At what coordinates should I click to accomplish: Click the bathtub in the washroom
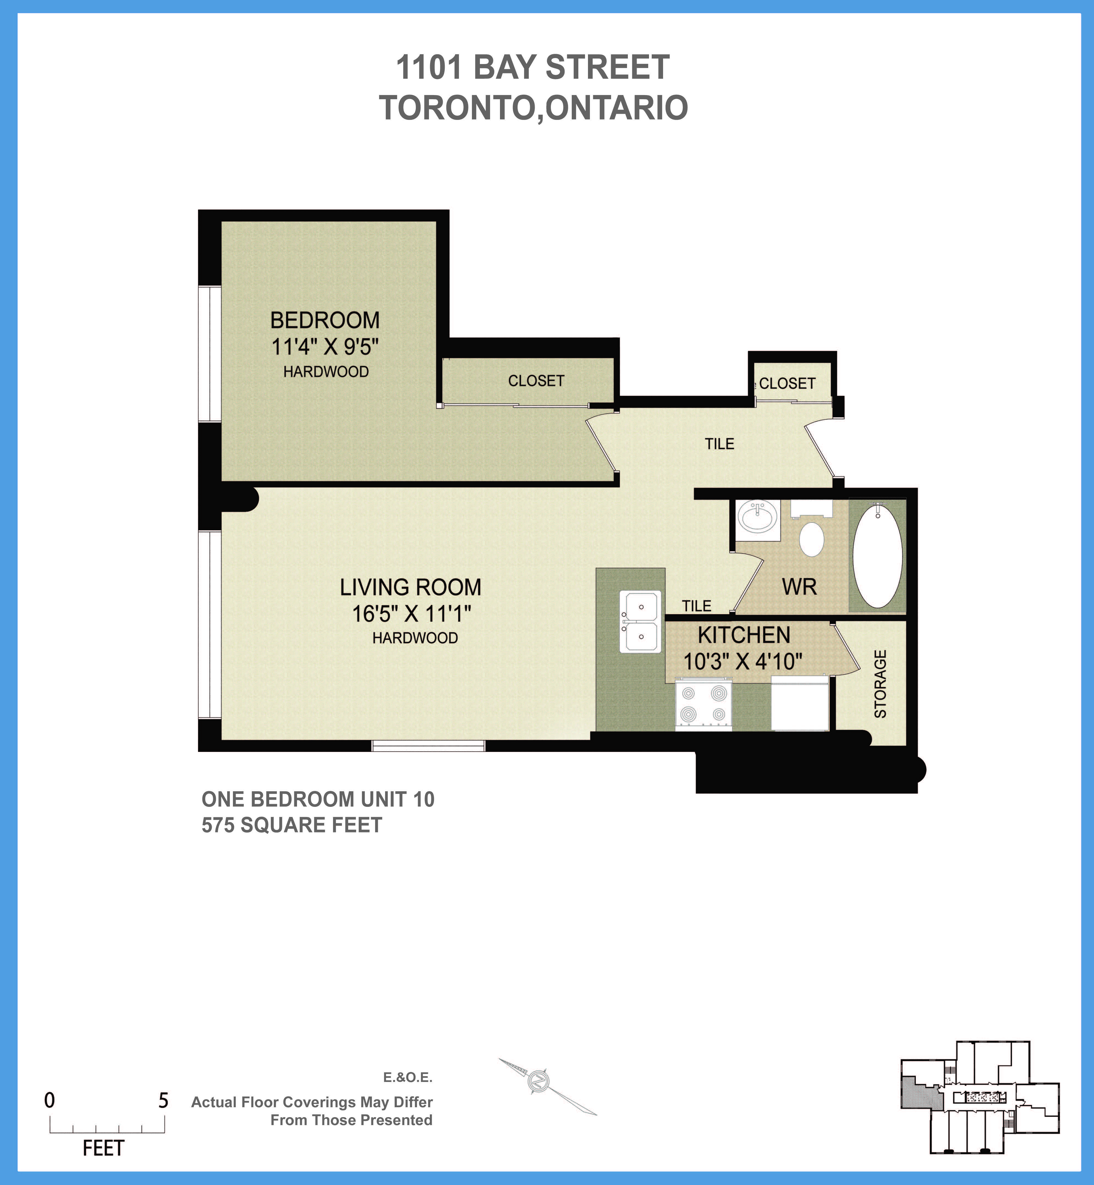click(x=877, y=555)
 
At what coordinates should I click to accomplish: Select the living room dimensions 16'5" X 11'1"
click(x=411, y=613)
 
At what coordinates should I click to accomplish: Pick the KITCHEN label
click(x=744, y=635)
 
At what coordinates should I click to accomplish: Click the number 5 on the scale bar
click(x=163, y=1100)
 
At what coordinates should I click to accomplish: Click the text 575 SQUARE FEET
click(x=292, y=825)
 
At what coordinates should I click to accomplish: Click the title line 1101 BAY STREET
click(x=533, y=67)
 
